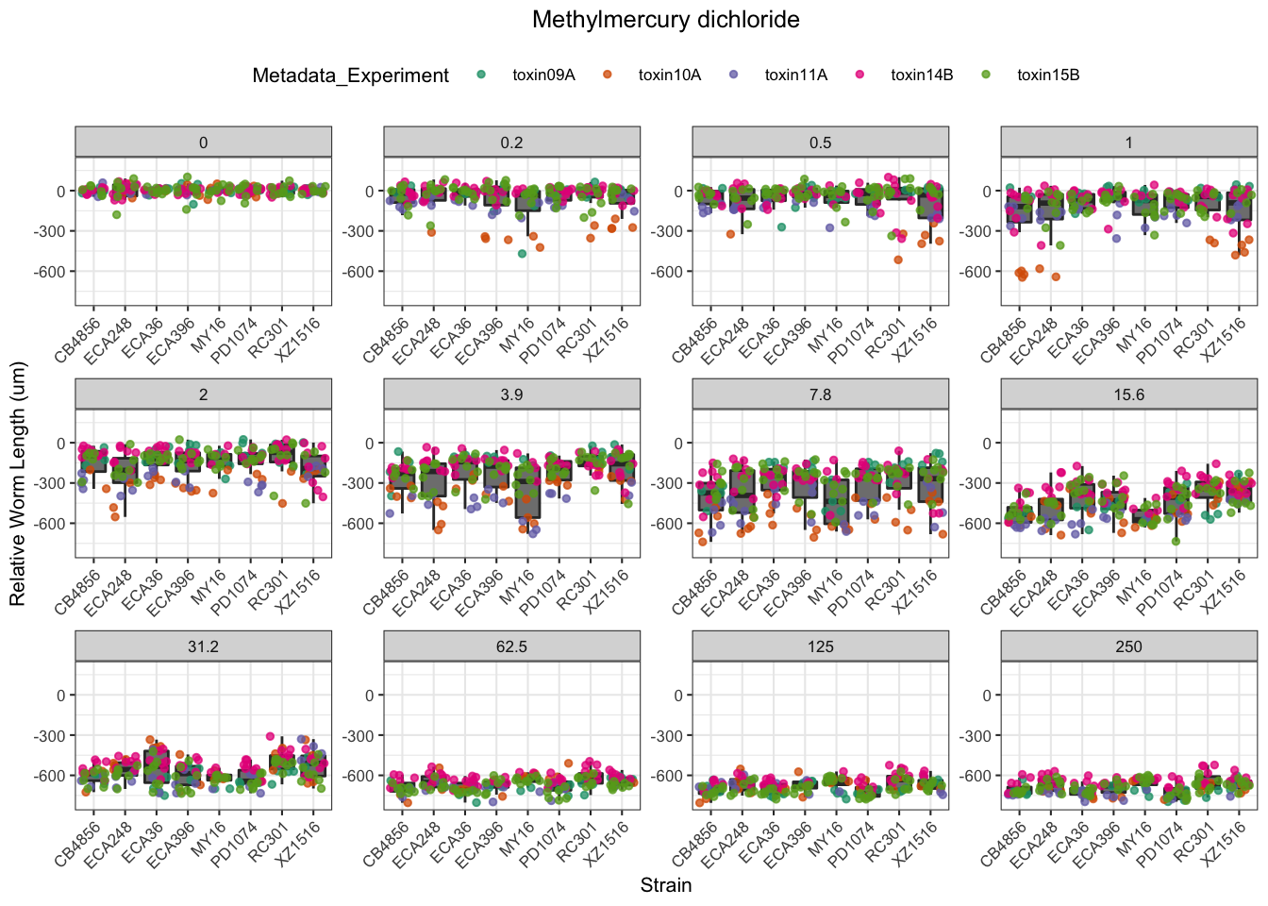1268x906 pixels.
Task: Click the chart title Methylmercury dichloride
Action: (665, 20)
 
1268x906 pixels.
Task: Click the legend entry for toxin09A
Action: (542, 75)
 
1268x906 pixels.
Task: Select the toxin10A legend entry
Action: (669, 75)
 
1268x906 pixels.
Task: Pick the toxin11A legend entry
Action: (795, 75)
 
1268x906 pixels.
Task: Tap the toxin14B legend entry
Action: (922, 75)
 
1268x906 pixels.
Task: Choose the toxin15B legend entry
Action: (1047, 75)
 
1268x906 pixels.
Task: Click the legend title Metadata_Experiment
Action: (350, 75)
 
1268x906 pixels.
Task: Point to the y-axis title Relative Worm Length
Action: (18, 484)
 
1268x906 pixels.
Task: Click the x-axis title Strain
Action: (665, 885)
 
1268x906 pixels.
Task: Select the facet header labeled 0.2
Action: (511, 143)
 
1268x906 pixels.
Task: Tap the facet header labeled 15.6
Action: (1128, 394)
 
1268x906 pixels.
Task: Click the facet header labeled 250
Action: (1128, 646)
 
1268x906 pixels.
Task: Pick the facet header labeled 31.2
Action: (203, 646)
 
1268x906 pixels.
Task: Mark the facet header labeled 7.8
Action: (820, 394)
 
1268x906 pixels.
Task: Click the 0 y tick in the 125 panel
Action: (677, 696)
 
